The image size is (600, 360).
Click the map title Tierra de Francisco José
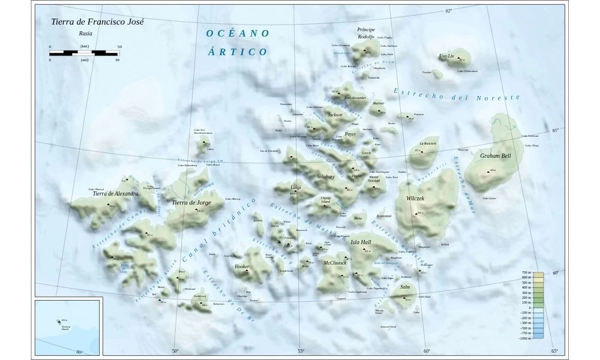tap(98, 20)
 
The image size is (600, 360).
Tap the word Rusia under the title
tap(85, 34)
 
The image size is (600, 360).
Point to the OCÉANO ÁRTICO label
tap(238, 43)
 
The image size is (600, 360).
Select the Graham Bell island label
tap(496, 156)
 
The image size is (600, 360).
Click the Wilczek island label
tap(415, 198)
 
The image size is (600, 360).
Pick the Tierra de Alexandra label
tap(115, 194)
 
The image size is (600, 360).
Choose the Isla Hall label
tap(361, 242)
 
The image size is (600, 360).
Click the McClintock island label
tap(335, 263)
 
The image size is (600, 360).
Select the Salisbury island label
tap(325, 176)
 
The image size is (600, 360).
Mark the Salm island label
tap(405, 287)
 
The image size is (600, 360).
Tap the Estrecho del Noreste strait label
tap(457, 94)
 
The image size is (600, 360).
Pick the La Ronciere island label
tap(428, 143)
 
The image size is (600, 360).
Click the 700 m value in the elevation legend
tap(526, 273)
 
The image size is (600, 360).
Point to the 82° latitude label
tap(448, 11)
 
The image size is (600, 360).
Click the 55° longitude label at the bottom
tap(301, 351)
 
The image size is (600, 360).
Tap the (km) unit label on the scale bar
tap(85, 46)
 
